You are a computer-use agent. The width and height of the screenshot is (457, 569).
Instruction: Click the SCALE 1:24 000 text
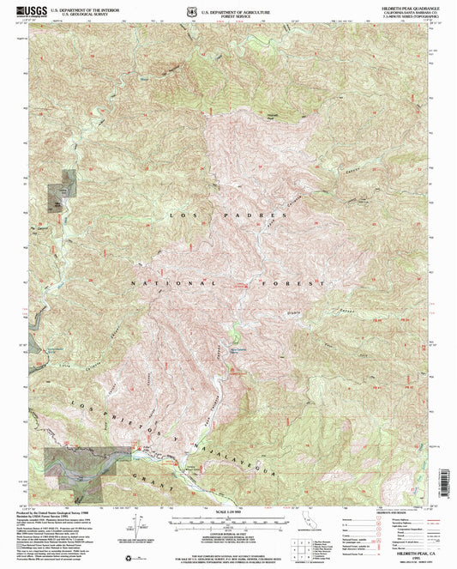tap(228, 511)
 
